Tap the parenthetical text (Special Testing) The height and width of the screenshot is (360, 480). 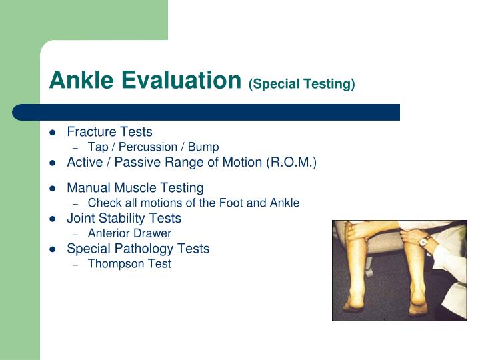click(x=301, y=84)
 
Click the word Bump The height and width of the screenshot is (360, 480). click(x=204, y=147)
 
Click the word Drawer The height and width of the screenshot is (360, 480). click(x=152, y=233)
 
